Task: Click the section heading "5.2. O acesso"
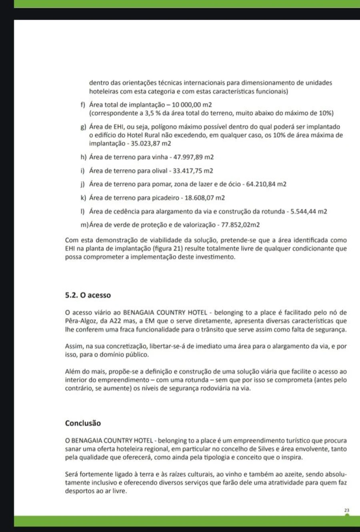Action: pyautogui.click(x=88, y=296)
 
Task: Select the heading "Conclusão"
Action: pyautogui.click(x=83, y=423)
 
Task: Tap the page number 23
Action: pyautogui.click(x=346, y=510)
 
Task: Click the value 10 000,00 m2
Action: pyautogui.click(x=192, y=105)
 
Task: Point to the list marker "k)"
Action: pyautogui.click(x=83, y=198)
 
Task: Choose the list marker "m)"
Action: pyautogui.click(x=84, y=225)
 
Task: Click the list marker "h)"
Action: pyautogui.click(x=83, y=157)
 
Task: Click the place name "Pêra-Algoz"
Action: pyautogui.click(x=80, y=321)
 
